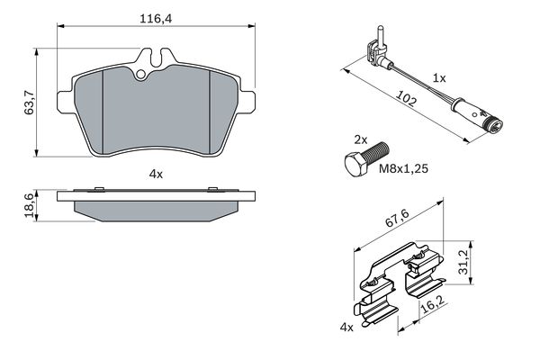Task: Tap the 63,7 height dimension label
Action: tap(30, 100)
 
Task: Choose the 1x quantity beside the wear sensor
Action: tap(439, 78)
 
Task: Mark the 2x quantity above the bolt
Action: tap(359, 140)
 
